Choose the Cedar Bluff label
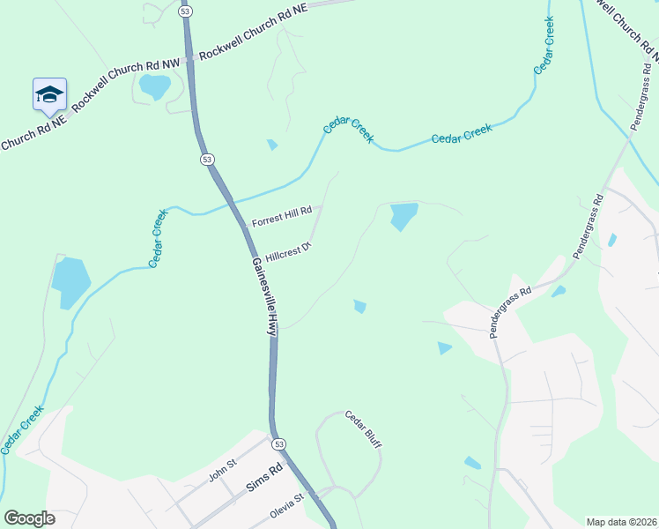(x=363, y=429)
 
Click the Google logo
(x=30, y=518)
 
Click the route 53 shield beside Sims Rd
(x=278, y=443)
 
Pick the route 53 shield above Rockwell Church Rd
(x=184, y=11)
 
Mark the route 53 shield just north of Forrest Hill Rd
(x=206, y=160)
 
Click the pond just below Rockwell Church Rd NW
(x=155, y=86)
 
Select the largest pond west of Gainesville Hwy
(x=70, y=281)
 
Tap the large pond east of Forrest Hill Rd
(x=404, y=215)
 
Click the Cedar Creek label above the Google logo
(x=22, y=430)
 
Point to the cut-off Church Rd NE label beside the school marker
(x=33, y=131)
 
